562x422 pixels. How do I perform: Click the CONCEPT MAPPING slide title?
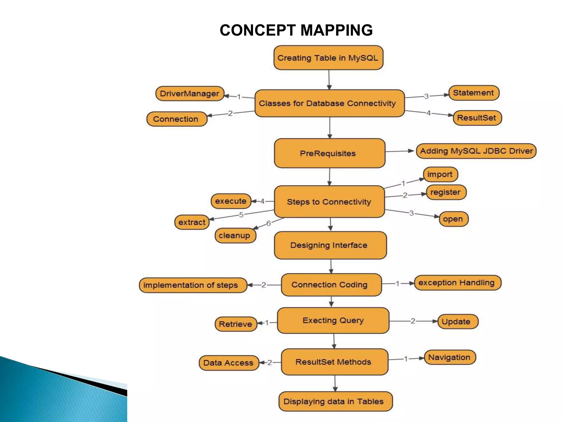[296, 30]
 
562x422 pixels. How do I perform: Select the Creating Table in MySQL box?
[328, 58]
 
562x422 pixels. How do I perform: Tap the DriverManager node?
[190, 94]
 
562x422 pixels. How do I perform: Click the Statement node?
[474, 93]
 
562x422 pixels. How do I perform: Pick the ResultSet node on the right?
[477, 118]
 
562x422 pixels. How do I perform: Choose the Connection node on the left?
[176, 119]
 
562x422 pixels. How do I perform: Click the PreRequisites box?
[329, 153]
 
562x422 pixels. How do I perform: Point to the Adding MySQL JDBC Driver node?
[476, 151]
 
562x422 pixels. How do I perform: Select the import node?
[440, 174]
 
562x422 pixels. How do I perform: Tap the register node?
[446, 192]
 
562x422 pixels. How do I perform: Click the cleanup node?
[235, 235]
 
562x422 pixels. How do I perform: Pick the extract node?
[192, 222]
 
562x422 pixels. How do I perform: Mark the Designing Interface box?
[330, 245]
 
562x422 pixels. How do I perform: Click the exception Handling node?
[457, 283]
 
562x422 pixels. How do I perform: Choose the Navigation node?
[449, 357]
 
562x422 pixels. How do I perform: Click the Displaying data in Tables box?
[335, 401]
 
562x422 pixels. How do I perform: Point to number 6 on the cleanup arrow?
[269, 223]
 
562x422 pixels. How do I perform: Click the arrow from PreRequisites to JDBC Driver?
[400, 151]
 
